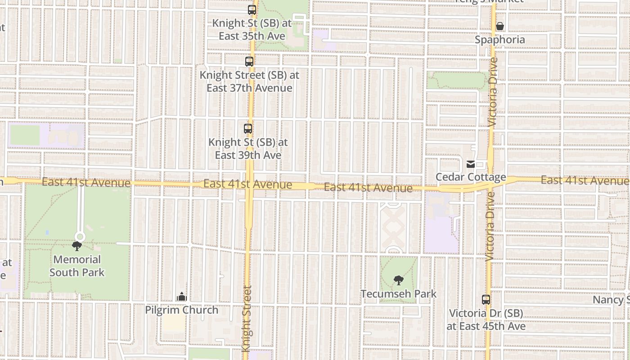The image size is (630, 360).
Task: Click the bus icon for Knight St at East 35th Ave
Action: pos(252,9)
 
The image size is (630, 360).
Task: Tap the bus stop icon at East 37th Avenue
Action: pos(249,62)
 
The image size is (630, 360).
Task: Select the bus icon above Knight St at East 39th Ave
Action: pos(247,129)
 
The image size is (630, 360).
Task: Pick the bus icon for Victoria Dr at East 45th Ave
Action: pos(486,300)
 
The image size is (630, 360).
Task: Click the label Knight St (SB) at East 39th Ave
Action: pos(248,148)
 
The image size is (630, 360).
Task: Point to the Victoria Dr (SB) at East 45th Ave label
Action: pos(486,319)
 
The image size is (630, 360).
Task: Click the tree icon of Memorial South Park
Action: pos(77,246)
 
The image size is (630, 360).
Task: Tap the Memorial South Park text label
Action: pos(77,266)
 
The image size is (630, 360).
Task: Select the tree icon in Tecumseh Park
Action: pos(398,280)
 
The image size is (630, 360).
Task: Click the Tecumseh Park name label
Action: pos(398,294)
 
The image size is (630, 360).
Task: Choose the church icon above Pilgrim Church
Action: pos(181,297)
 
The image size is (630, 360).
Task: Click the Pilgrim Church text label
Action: pos(181,310)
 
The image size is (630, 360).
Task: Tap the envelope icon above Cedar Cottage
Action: pos(471,164)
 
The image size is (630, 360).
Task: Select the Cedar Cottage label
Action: pos(471,177)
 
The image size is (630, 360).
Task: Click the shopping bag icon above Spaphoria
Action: pos(500,27)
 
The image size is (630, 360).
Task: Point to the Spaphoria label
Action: pos(500,40)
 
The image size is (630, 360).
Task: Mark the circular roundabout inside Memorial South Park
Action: pos(80,236)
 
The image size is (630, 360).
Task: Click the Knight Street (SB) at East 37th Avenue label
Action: pos(249,81)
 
